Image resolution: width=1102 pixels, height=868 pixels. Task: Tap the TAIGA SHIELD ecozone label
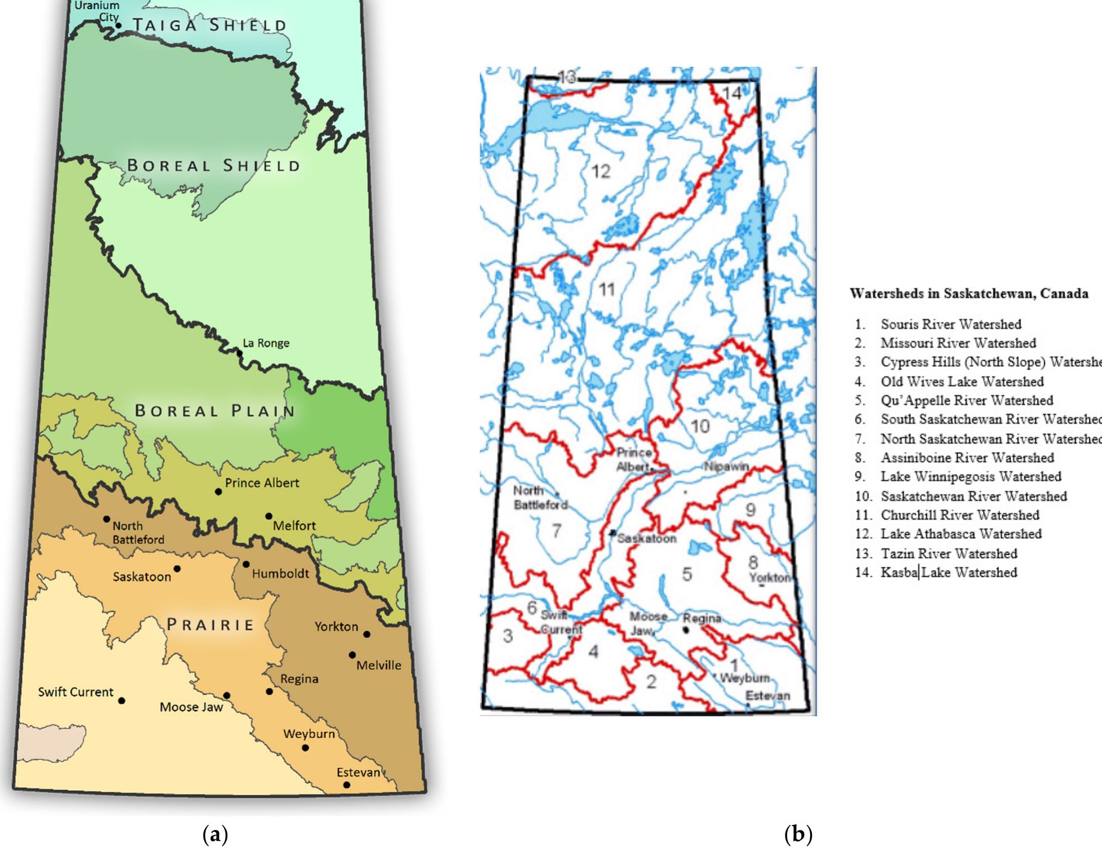point(210,25)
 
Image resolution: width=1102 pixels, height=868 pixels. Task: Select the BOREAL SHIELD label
point(213,166)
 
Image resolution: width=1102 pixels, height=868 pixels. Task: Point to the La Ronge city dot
point(240,352)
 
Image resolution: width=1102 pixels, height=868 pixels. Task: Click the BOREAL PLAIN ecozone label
point(215,411)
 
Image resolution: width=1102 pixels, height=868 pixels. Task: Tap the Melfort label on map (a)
point(294,526)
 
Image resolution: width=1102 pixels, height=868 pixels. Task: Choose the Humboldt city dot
point(246,564)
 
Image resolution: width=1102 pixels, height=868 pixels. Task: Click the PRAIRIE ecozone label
point(210,625)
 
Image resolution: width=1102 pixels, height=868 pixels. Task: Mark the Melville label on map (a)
point(378,665)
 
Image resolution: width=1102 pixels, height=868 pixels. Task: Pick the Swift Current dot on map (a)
point(121,700)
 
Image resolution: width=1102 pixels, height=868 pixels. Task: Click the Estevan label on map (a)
point(359,772)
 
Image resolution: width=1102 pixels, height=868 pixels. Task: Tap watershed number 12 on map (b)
point(601,172)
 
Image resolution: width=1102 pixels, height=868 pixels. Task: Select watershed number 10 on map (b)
point(700,426)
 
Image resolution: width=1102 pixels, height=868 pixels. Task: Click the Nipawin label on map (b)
point(726,466)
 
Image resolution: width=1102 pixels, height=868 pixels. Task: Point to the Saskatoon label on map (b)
point(646,538)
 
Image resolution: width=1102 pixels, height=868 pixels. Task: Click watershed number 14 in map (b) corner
point(732,93)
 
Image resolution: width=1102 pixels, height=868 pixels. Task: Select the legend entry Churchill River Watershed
point(959,515)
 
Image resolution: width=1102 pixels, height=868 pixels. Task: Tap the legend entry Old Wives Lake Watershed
point(961,381)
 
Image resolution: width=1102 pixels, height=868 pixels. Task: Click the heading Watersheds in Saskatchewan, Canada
point(969,293)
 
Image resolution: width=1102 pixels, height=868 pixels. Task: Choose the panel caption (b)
point(798,834)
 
